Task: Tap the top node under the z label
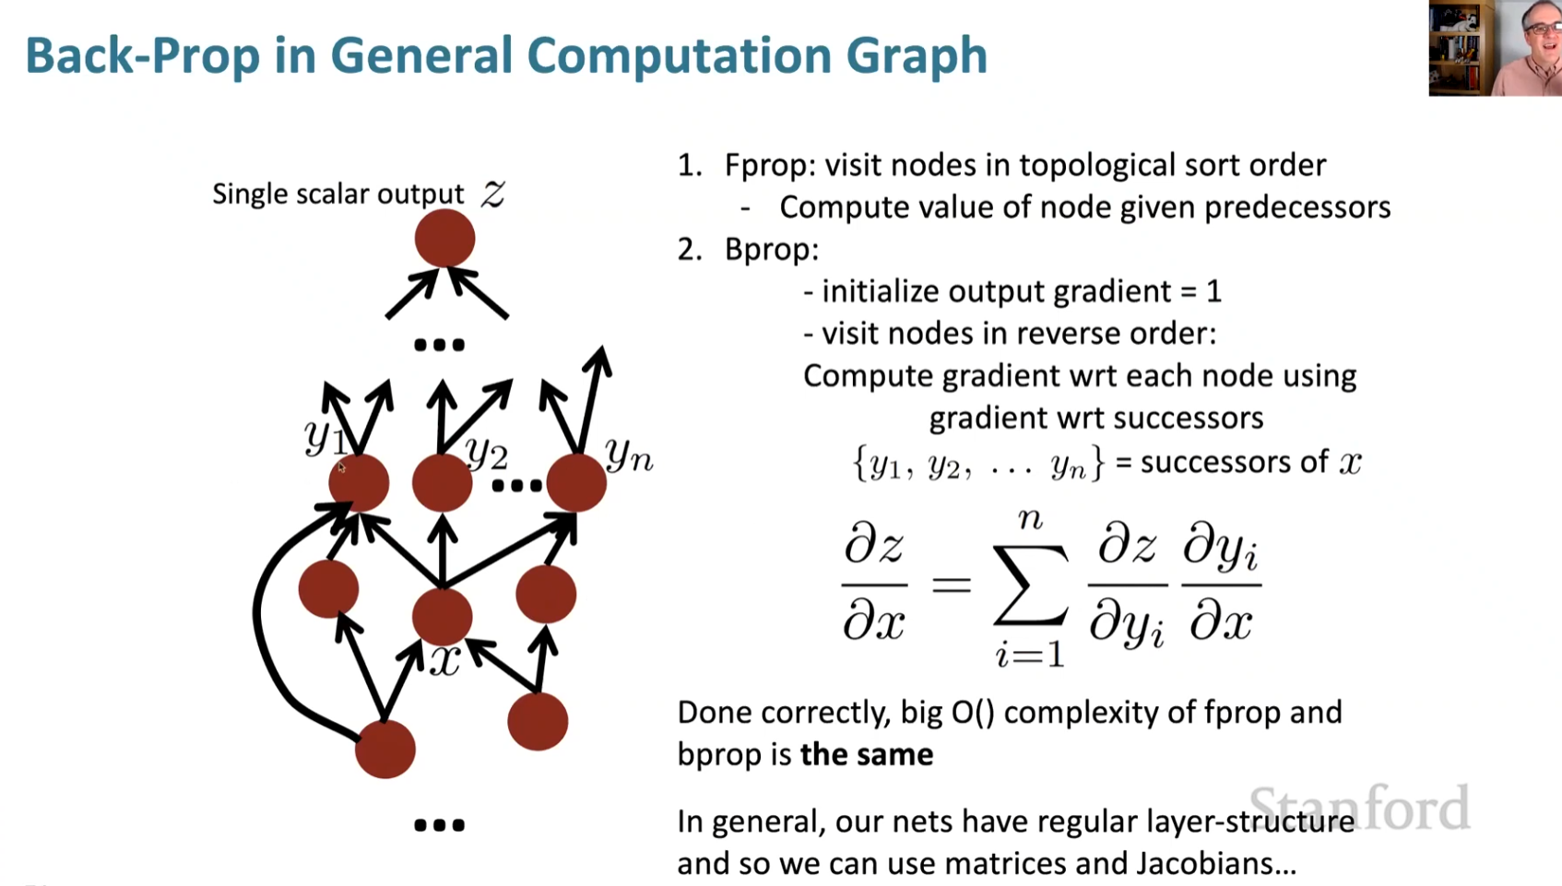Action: (444, 239)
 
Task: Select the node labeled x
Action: (443, 616)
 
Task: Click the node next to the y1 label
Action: (359, 482)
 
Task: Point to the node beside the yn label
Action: (576, 482)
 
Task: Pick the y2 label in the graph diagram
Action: (486, 452)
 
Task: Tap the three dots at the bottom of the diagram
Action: (439, 825)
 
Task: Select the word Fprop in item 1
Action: (769, 165)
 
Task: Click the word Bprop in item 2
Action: (771, 249)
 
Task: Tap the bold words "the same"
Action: (866, 754)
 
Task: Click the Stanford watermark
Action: (1359, 808)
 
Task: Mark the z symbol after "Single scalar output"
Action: (493, 194)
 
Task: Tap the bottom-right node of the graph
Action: (538, 721)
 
